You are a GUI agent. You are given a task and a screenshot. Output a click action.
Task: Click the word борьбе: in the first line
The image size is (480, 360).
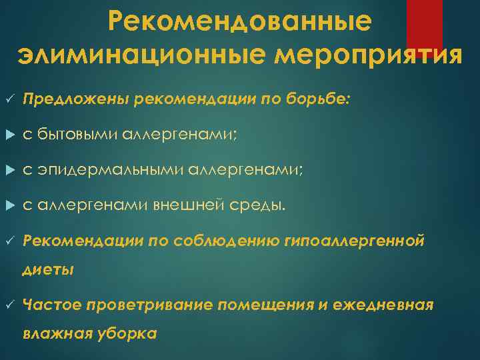(325, 99)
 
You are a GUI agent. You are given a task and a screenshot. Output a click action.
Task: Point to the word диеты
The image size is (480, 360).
(48, 271)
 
